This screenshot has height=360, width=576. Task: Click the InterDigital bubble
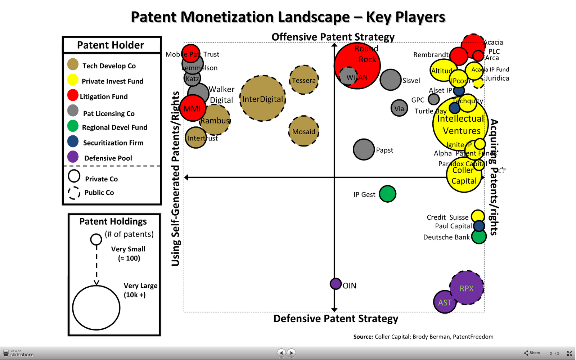point(263,98)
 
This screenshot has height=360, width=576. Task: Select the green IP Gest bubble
point(387,194)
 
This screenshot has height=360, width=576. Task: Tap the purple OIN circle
point(336,284)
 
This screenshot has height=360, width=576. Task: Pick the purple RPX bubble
point(467,288)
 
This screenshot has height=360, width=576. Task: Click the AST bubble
point(445,302)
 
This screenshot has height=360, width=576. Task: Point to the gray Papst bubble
point(364,149)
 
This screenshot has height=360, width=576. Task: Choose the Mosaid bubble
point(303,131)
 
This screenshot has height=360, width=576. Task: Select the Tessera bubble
point(304,80)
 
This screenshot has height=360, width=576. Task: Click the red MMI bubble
point(192,108)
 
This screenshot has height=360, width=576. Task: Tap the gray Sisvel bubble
point(390,80)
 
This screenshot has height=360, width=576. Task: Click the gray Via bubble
point(399,108)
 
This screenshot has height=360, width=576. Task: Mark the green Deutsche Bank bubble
point(479,237)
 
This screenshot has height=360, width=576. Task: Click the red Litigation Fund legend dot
point(73,95)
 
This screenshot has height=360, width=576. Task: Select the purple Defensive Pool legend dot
point(73,157)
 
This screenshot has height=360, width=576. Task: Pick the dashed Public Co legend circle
point(74,193)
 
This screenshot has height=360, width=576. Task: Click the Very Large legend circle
point(96,308)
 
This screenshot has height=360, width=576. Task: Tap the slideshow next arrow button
point(292,353)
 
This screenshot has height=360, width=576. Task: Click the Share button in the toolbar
point(532,353)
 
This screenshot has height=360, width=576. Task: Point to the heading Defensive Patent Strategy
point(336,319)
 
